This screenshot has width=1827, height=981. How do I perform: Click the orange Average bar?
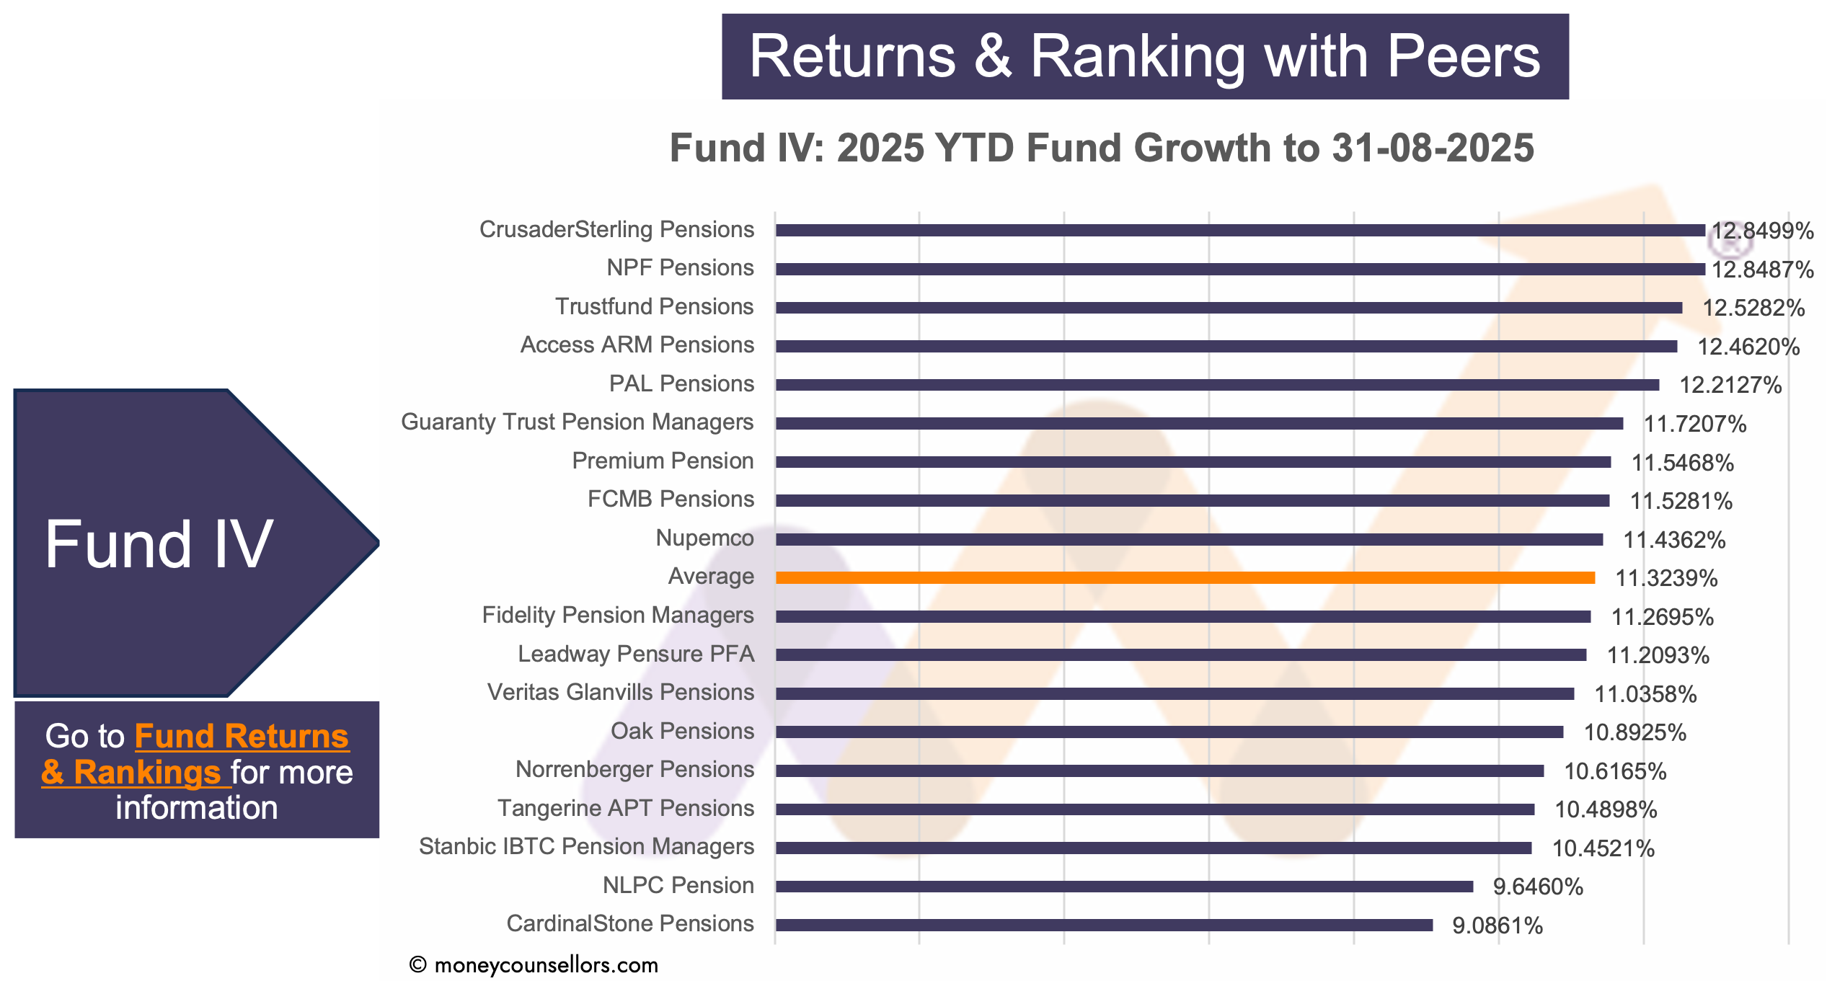click(1185, 577)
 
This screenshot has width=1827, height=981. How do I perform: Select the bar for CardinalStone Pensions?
click(1105, 925)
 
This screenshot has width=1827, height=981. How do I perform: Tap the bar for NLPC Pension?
click(1125, 886)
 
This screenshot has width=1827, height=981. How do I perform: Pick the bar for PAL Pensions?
click(1218, 385)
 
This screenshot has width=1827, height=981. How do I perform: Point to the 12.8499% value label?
click(1762, 231)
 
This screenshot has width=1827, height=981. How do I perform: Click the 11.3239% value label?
click(1666, 578)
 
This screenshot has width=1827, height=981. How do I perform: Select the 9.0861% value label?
click(1498, 925)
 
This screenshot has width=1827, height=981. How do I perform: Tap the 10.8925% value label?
click(1635, 732)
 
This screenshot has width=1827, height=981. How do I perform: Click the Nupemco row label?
click(704, 538)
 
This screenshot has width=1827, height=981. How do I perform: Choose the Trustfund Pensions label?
click(654, 306)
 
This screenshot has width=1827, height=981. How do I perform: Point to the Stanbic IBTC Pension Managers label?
click(586, 846)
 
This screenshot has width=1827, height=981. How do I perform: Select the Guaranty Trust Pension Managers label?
click(577, 422)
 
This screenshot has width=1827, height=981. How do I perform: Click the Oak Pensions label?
click(682, 731)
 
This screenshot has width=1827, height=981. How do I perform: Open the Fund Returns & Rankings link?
click(195, 754)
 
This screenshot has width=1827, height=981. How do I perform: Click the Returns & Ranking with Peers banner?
click(1145, 56)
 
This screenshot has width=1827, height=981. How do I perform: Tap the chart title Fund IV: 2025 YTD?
click(1102, 148)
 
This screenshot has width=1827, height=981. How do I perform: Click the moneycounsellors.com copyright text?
click(534, 965)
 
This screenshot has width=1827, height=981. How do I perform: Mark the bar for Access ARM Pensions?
click(1226, 346)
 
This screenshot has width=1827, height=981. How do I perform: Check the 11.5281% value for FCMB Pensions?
click(1681, 501)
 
